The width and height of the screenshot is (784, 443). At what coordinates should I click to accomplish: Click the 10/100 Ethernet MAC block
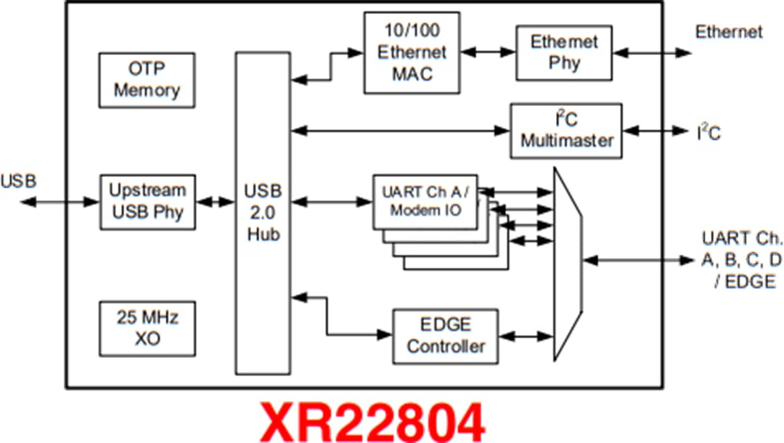click(x=411, y=54)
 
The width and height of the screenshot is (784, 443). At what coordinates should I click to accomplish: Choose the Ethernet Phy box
click(x=564, y=52)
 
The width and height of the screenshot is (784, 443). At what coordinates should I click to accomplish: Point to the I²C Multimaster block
click(x=566, y=131)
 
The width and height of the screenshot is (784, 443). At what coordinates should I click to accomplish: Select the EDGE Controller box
click(x=445, y=336)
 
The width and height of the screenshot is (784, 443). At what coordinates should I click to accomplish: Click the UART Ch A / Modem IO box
click(x=425, y=201)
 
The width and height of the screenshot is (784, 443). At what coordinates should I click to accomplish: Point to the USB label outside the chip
click(x=20, y=180)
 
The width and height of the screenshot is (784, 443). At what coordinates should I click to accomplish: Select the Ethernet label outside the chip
click(x=728, y=32)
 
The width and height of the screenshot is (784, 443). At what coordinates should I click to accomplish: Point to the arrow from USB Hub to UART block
click(x=331, y=200)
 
